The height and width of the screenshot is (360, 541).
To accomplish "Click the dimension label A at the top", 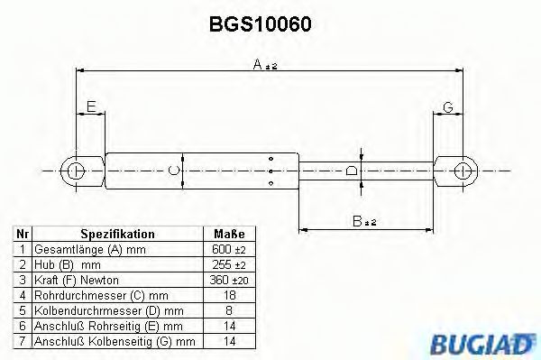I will pos(259,65).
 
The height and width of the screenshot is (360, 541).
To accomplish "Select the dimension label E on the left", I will pos(90,108).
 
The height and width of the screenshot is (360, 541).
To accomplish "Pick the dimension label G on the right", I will pos(447,108).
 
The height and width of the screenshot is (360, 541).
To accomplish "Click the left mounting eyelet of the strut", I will pos(78,169).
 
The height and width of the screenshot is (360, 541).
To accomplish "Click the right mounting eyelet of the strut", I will pos(462,169).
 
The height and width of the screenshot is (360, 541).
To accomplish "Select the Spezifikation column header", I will pos(117,234).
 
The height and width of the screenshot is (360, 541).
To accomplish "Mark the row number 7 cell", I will pos(22,341).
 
